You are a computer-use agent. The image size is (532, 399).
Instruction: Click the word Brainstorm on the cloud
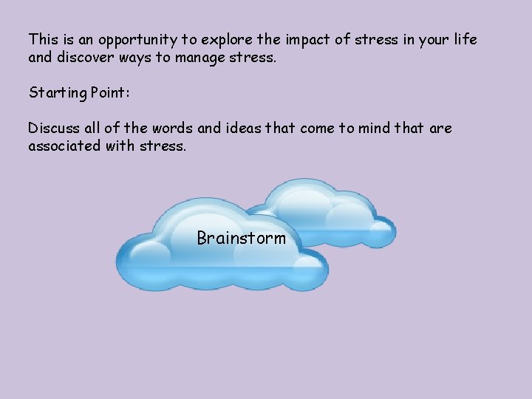point(241,238)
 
